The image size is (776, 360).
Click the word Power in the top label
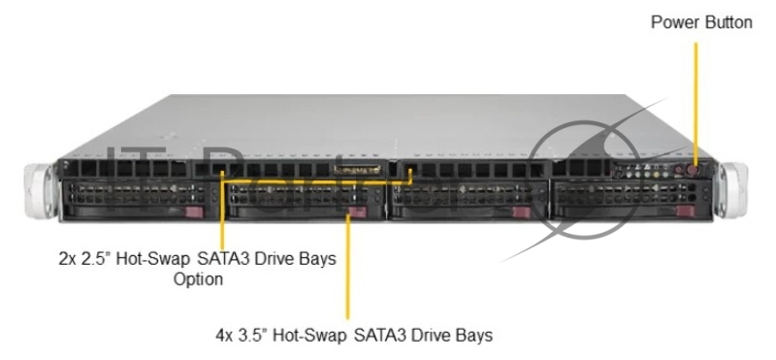tap(672, 22)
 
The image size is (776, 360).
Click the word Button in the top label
tap(725, 22)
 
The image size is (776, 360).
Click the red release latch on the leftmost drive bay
tap(194, 211)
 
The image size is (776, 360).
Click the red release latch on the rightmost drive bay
tap(687, 211)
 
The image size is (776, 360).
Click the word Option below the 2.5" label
tap(198, 279)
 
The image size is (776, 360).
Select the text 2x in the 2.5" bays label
tap(68, 259)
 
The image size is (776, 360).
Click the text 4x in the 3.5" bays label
tap(225, 336)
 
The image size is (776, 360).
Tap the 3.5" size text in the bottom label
tap(255, 336)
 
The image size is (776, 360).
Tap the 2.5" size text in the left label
tap(98, 259)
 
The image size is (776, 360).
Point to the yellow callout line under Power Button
tap(695, 97)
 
